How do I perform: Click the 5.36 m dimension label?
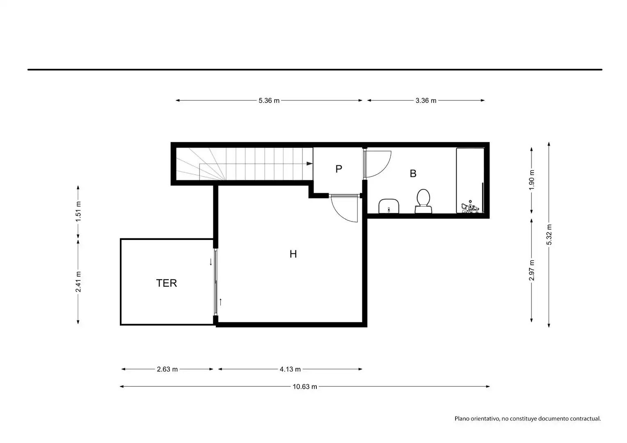tap(269, 100)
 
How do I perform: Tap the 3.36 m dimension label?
tap(426, 100)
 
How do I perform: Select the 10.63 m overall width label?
tap(305, 386)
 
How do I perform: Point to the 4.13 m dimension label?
tap(290, 369)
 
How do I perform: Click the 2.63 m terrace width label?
tap(167, 369)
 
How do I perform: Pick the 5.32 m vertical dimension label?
tap(549, 235)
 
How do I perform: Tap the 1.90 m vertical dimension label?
tap(531, 180)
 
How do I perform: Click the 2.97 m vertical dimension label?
tap(531, 270)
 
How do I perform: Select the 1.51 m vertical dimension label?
tap(78, 211)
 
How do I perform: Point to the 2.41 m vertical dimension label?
tap(78, 281)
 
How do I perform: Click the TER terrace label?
tap(167, 283)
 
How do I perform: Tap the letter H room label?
tap(293, 254)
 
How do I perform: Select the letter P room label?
tap(339, 169)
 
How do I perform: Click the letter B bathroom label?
tap(413, 174)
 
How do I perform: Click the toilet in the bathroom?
tap(423, 201)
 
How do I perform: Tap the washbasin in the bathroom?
tap(389, 206)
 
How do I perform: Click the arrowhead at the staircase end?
tap(309, 164)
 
